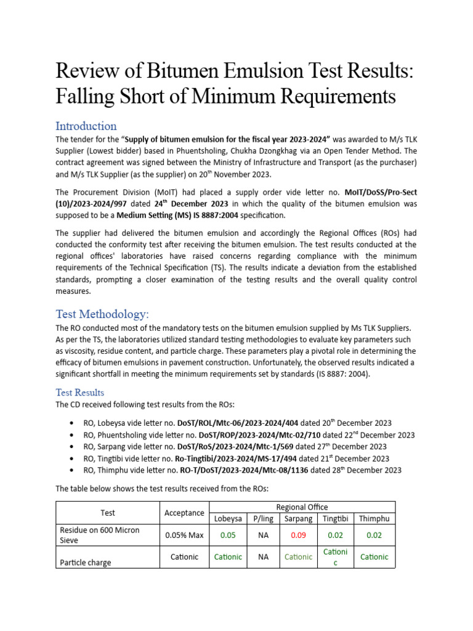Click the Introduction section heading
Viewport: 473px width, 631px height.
point(86,126)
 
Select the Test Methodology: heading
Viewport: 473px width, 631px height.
point(102,314)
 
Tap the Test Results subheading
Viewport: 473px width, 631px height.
point(80,392)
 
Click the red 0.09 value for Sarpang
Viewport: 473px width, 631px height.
point(298,535)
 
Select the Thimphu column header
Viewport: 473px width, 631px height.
point(374,519)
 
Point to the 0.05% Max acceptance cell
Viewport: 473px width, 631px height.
point(184,535)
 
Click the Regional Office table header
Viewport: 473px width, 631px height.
point(302,507)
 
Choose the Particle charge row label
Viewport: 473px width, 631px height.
point(84,562)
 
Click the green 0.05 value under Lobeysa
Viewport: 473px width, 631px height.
point(228,535)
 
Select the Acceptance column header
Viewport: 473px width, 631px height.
point(184,513)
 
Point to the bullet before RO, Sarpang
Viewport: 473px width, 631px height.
point(73,447)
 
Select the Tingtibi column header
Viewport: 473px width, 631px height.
point(335,519)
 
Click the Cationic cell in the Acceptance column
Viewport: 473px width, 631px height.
point(184,556)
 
